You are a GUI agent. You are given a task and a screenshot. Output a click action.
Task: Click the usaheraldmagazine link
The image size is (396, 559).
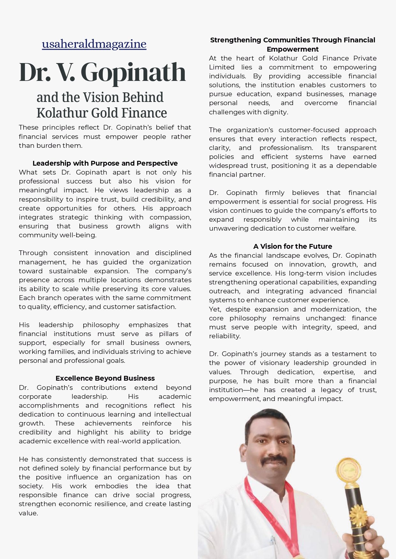pyautogui.click(x=94, y=44)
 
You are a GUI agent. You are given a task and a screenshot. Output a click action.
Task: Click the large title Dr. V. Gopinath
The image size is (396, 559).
pyautogui.click(x=102, y=72)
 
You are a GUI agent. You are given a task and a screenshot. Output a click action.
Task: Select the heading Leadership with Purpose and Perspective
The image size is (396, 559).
pyautogui.click(x=105, y=163)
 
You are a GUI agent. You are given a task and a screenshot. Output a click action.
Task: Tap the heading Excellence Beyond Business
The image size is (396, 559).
pyautogui.click(x=105, y=378)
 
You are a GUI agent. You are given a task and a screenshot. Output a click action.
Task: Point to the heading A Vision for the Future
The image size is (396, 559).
pyautogui.click(x=293, y=247)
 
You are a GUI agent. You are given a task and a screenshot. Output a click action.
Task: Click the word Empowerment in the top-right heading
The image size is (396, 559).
pyautogui.click(x=293, y=49)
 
